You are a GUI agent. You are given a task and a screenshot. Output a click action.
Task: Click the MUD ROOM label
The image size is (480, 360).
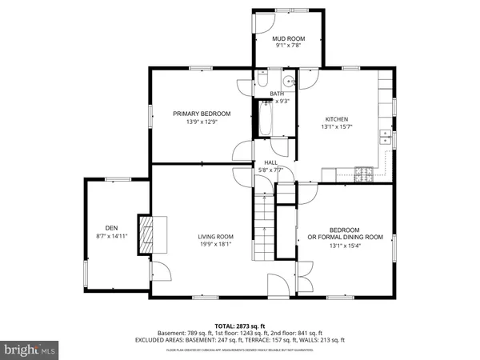click(x=290, y=38)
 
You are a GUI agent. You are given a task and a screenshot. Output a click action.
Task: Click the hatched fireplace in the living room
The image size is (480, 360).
click(x=146, y=235)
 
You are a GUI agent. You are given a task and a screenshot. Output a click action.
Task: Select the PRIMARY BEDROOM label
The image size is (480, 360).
click(x=202, y=114)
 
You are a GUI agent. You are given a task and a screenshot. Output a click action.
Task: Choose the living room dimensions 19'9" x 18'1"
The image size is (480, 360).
click(x=215, y=245)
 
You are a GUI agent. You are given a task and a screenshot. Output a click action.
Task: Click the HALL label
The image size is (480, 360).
click(x=270, y=162)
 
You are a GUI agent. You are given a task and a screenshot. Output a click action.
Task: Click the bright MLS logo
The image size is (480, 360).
click(x=30, y=350)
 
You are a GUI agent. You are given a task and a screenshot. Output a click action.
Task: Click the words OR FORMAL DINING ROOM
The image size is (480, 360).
click(x=346, y=237)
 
